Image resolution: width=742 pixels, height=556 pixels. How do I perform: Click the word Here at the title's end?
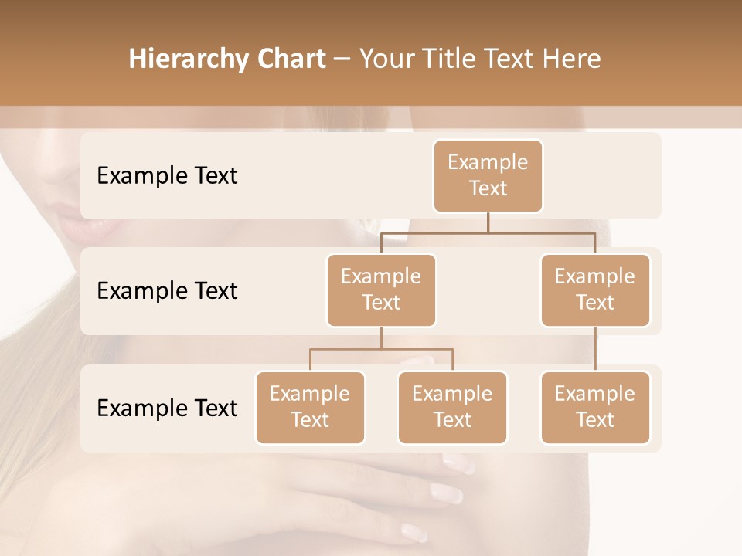[570, 59]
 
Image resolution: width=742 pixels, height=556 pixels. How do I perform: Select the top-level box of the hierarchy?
[488, 175]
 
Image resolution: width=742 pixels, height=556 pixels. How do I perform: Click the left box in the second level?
[381, 290]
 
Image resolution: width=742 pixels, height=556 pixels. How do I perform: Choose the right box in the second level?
[595, 290]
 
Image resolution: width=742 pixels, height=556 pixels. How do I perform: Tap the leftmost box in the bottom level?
[310, 407]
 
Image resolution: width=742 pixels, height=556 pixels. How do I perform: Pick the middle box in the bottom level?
[452, 407]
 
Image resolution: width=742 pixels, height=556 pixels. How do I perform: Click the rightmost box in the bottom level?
[595, 407]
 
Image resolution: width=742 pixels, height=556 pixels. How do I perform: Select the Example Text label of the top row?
[167, 176]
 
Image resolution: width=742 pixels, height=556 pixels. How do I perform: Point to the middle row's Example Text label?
[167, 291]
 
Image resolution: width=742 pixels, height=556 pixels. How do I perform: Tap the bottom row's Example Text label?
[167, 409]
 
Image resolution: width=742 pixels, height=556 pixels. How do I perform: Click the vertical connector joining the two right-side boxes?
[595, 349]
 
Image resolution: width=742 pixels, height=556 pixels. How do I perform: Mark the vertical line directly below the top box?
[488, 222]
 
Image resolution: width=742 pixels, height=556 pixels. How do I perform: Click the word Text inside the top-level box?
[488, 188]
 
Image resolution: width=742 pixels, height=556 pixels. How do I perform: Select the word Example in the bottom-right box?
[595, 394]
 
